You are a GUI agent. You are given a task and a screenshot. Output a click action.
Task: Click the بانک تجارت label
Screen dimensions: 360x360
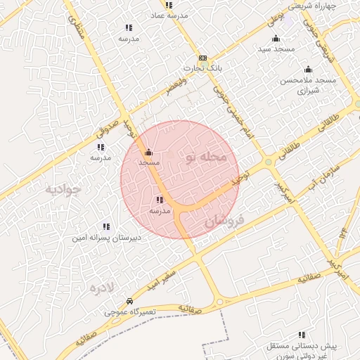(198, 68)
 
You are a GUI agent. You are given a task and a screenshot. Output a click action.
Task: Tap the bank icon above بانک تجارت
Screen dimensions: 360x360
(202, 58)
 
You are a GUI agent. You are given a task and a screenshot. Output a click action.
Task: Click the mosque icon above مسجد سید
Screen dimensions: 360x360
(276, 38)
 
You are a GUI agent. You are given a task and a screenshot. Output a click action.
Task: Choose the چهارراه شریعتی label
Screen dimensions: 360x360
(332, 6)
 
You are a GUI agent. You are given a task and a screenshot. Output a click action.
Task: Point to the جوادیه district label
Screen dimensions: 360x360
(64, 188)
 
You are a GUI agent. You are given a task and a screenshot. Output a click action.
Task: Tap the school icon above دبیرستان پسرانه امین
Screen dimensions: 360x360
(106, 226)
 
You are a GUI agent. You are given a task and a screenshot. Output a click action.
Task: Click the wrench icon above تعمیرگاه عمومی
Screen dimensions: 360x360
(129, 301)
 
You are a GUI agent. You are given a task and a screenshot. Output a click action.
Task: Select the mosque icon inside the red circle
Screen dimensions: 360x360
(148, 152)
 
